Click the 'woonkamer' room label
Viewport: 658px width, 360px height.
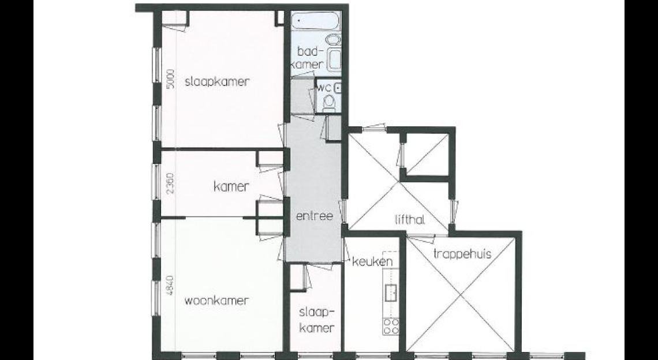point(216,301)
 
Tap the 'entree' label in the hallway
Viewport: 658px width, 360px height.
point(315,216)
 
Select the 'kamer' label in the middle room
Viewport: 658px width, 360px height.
point(231,186)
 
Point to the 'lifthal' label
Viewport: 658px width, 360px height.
point(410,219)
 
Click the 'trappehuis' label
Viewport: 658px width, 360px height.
point(462,254)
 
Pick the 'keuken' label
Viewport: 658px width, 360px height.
point(372,262)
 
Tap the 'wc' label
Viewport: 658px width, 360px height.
point(325,88)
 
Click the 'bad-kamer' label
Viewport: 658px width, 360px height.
point(311,58)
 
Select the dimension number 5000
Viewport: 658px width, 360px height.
point(170,78)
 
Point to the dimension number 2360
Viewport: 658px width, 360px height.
point(170,184)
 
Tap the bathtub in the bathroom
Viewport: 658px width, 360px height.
point(316,20)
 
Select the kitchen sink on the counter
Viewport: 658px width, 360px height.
point(391,292)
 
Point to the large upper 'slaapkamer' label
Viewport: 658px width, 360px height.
point(216,82)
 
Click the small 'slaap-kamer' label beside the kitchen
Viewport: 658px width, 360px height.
point(317,320)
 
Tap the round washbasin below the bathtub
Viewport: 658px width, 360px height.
point(334,40)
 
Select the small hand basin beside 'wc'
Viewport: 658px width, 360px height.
point(338,88)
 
